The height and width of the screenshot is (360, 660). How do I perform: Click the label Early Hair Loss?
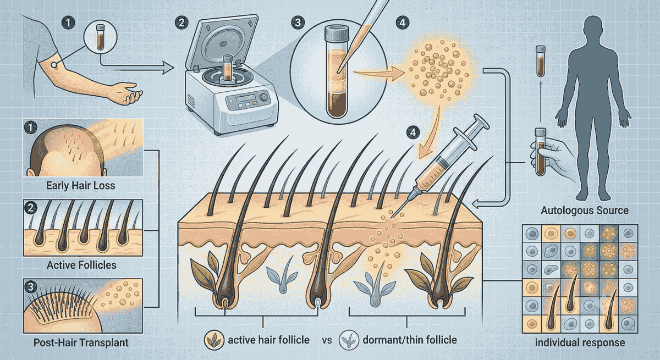tap(80, 186)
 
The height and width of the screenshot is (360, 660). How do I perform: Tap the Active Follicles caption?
tap(81, 265)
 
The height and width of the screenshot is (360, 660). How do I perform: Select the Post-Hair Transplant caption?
tap(81, 342)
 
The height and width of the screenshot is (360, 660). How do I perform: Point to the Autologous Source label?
tap(585, 211)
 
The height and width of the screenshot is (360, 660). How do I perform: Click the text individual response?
tap(580, 342)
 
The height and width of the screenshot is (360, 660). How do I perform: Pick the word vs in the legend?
tap(327, 340)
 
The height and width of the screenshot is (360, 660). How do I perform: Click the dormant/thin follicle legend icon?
tap(349, 340)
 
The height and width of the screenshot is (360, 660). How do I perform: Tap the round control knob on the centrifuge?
tap(264, 97)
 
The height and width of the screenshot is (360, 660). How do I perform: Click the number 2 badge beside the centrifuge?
tap(182, 23)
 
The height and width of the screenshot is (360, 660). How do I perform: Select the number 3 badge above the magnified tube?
tap(298, 23)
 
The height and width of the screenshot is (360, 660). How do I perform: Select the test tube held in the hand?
tap(540, 151)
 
